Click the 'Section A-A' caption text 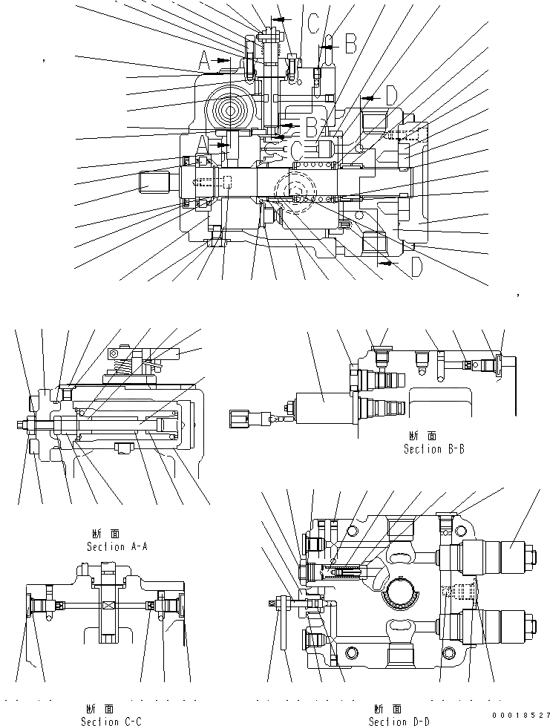(117, 546)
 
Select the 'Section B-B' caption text (434, 449)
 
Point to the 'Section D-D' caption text (399, 720)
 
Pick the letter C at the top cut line (314, 24)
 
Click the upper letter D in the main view (391, 95)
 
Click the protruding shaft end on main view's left (154, 182)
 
